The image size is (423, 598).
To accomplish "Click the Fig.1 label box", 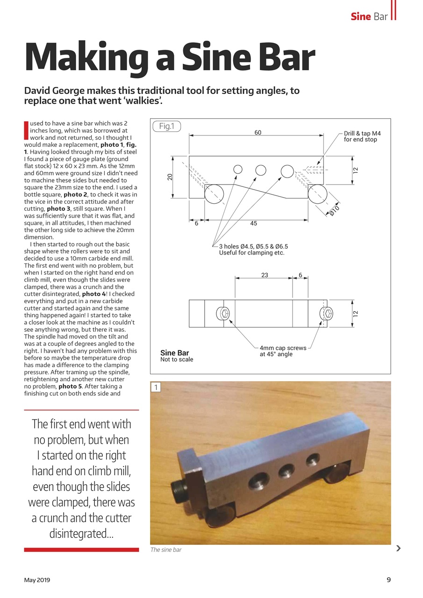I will [x=166, y=126].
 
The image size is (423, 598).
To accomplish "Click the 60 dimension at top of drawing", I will [x=258, y=133].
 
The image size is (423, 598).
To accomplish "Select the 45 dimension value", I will [x=253, y=224].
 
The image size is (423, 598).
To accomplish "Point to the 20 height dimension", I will [x=170, y=177].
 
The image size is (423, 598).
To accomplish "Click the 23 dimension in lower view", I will [x=265, y=275].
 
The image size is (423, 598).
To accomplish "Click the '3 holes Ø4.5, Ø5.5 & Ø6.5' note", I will [x=253, y=249].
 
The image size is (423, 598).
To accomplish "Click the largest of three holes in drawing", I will [x=287, y=171].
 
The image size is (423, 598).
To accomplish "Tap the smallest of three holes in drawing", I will [x=238, y=169].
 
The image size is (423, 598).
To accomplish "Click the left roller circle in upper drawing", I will [x=214, y=193].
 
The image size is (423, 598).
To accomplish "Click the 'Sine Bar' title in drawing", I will [x=174, y=353].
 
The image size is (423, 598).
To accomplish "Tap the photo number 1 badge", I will [x=156, y=387].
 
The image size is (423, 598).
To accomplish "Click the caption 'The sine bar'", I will [x=166, y=550].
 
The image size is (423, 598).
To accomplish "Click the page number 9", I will [x=388, y=580].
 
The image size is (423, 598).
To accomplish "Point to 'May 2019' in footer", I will [x=37, y=580].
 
